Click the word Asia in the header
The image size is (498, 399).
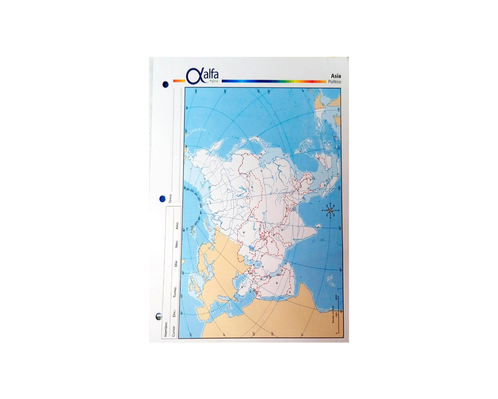[336, 75]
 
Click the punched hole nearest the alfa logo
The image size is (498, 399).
[165, 84]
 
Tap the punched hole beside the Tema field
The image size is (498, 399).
[162, 199]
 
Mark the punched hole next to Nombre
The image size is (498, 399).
[159, 317]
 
